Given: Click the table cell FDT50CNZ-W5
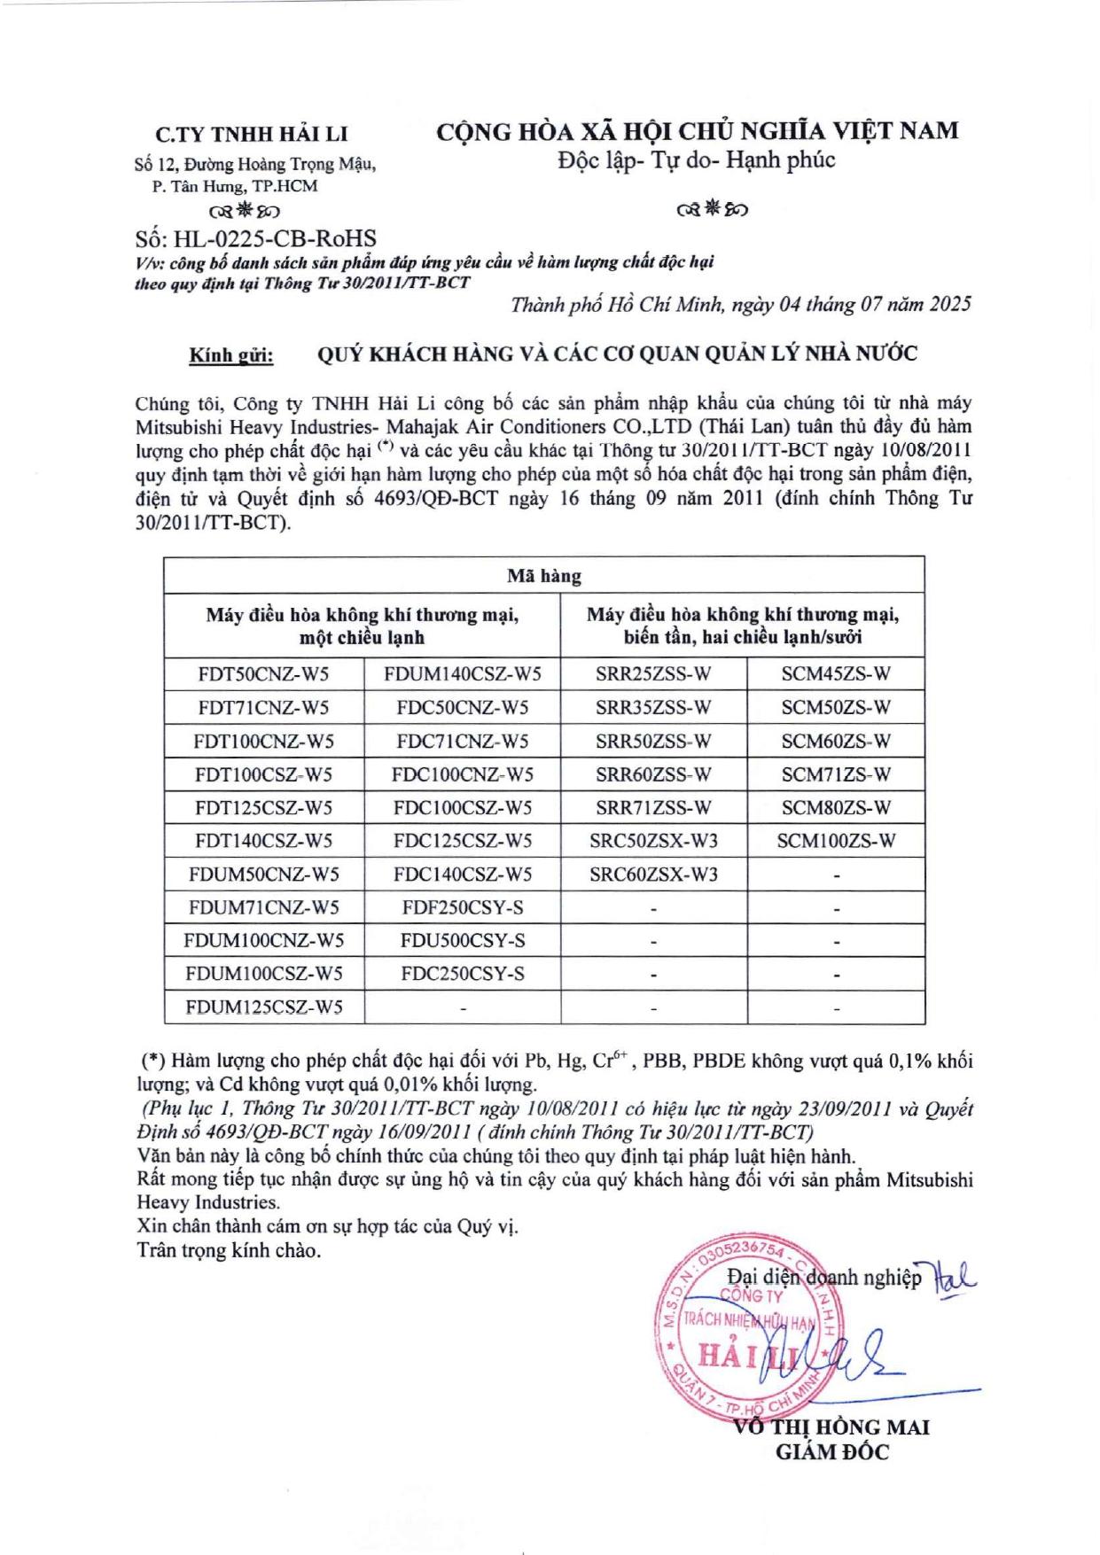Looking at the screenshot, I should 263,674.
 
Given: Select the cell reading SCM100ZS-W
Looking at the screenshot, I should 836,841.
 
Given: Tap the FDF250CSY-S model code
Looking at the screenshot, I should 462,907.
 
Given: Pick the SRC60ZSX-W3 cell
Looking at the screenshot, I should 653,875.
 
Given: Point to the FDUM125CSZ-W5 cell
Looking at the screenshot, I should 263,1007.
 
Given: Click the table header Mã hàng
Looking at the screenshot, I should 543,576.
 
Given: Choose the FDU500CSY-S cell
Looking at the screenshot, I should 462,940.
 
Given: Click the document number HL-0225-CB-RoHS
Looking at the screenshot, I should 256,238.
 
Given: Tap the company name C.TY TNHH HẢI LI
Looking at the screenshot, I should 252,135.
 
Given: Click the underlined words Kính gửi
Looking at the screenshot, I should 231,356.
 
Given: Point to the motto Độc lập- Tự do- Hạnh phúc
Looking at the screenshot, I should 696,160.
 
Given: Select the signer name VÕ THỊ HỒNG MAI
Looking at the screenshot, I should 831,1427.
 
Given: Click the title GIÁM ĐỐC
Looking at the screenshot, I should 831,1452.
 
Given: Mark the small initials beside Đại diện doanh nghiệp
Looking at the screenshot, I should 954,1277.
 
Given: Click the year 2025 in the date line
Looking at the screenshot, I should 949,305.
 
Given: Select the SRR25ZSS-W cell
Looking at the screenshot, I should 653,674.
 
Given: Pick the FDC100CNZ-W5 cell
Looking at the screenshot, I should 462,774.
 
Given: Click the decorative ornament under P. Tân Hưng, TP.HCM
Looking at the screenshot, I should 245,211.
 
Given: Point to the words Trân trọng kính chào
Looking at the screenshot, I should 229,1251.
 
